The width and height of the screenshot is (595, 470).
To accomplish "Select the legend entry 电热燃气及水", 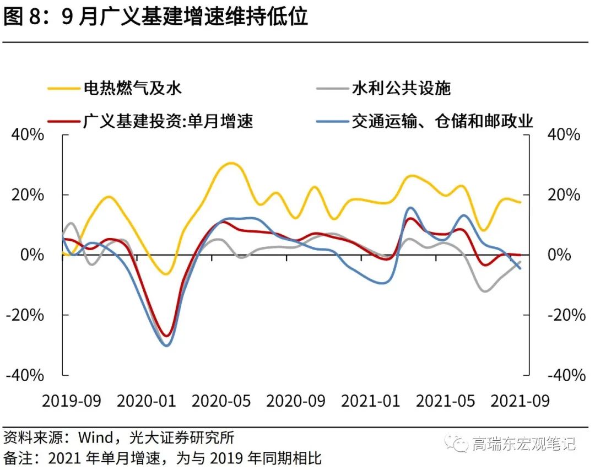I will (132, 88).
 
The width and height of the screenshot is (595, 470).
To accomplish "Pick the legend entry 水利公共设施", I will (401, 88).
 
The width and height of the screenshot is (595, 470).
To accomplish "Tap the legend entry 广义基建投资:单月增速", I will (168, 121).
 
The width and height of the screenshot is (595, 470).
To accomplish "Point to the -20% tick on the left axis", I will (25, 315).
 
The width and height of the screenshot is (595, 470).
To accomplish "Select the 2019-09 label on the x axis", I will (72, 401).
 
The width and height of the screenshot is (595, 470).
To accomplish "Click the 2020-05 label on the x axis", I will (221, 401).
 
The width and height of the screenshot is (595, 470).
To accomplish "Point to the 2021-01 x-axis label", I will (371, 401).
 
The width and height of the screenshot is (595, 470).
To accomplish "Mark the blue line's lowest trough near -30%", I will (166, 345).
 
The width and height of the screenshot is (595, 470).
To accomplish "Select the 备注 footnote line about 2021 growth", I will (163, 458).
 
